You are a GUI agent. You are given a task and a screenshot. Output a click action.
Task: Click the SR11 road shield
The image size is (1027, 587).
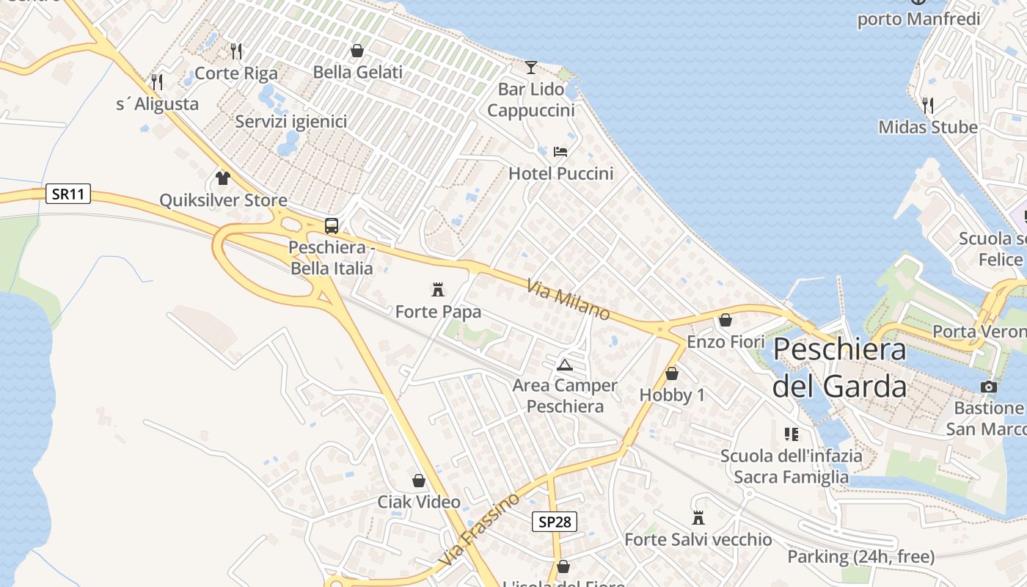pos(68,194)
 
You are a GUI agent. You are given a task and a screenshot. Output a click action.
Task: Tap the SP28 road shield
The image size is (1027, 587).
pos(554,522)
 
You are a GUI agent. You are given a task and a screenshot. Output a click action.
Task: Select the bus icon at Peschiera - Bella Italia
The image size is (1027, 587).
pos(332,226)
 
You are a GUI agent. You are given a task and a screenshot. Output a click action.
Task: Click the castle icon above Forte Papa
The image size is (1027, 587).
pos(438,289)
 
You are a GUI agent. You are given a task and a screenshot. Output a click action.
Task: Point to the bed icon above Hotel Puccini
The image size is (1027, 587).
pos(560,152)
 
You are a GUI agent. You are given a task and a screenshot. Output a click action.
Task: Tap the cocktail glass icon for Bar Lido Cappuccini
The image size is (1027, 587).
pos(530,68)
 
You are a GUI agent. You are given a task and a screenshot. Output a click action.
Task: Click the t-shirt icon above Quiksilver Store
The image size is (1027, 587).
pos(223,178)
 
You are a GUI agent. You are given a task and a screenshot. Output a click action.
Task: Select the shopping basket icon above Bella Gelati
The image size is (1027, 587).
pos(357,51)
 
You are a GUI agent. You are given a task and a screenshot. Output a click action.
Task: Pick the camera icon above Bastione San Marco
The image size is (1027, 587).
pos(988,387)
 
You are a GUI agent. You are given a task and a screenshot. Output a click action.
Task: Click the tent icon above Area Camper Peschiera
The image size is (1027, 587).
pos(564,365)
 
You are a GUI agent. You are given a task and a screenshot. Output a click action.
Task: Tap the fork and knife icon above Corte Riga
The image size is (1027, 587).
pos(236,51)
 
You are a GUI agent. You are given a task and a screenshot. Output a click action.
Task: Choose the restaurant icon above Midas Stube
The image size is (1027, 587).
pos(928,105)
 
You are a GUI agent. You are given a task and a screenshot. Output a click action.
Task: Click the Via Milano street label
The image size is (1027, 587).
pos(568,298)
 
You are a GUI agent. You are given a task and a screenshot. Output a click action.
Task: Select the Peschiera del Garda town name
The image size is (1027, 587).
pos(839,367)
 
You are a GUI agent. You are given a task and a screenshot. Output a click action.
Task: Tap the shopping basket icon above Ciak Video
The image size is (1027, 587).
pos(419,481)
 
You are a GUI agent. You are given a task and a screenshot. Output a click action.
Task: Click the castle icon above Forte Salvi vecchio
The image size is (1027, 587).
pos(698,518)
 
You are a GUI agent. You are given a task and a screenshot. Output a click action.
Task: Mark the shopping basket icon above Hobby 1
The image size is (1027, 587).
pos(671,373)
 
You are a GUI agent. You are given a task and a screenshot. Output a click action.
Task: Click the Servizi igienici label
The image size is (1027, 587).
pos(291,121)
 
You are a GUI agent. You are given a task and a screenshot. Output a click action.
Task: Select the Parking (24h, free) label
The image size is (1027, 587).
pos(860,557)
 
